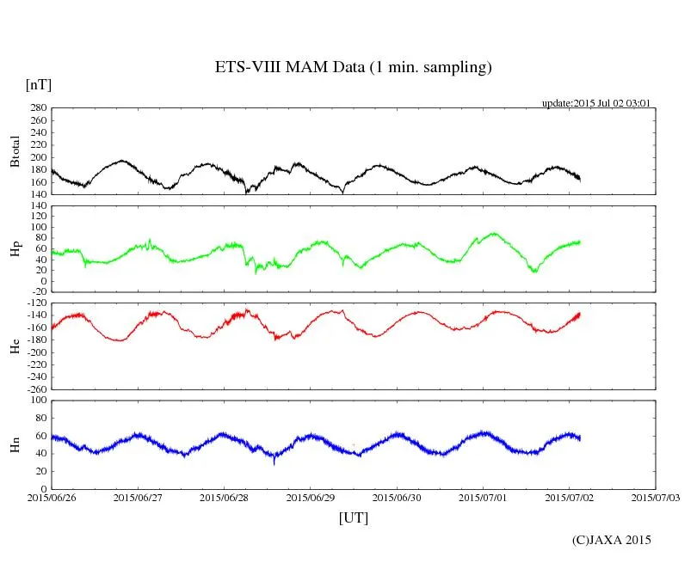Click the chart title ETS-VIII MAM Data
pyautogui.click(x=353, y=68)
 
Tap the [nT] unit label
pyautogui.click(x=39, y=84)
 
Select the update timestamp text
pyautogui.click(x=595, y=103)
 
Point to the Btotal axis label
pyautogui.click(x=15, y=151)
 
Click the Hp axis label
pyautogui.click(x=15, y=249)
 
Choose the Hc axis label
pyautogui.click(x=15, y=346)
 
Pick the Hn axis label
pyautogui.click(x=15, y=444)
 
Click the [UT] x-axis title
pyautogui.click(x=353, y=517)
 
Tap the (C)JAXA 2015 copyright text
pyautogui.click(x=612, y=540)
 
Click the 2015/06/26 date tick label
pyautogui.click(x=52, y=498)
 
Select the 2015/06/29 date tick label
pyautogui.click(x=311, y=498)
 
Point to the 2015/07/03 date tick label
pyautogui.click(x=656, y=498)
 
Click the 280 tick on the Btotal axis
pyautogui.click(x=38, y=108)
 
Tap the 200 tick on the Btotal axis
pyautogui.click(x=38, y=157)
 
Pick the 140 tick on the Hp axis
pyautogui.click(x=38, y=206)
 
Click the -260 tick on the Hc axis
pyautogui.click(x=35, y=389)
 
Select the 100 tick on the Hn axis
pyautogui.click(x=38, y=401)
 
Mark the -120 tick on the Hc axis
pyautogui.click(x=35, y=304)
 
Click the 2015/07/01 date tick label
pyautogui.click(x=483, y=498)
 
